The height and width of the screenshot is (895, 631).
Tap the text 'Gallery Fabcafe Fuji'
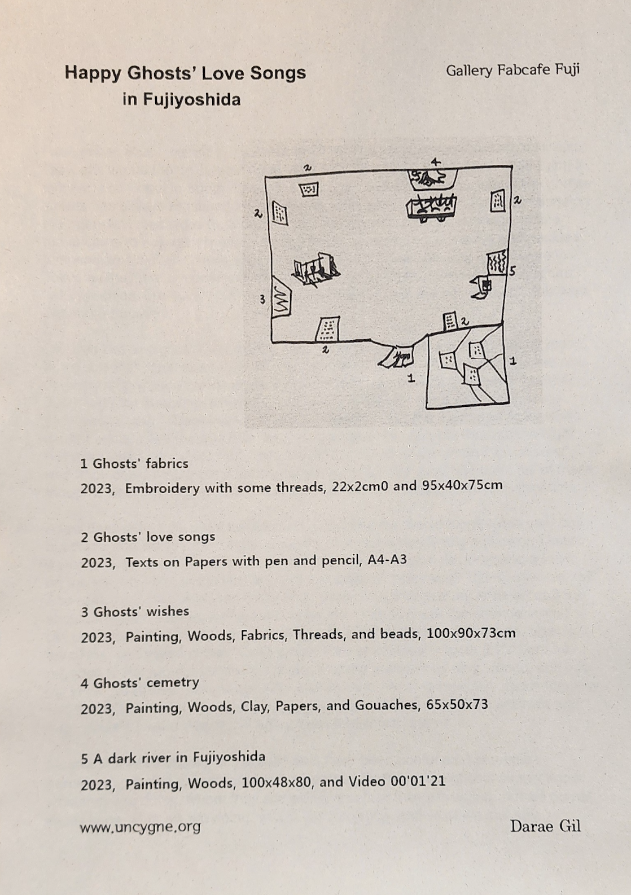(x=512, y=71)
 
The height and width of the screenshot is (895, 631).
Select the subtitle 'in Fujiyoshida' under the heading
(x=182, y=100)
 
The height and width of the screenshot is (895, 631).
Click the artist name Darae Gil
(x=545, y=826)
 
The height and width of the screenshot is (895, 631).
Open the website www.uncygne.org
(x=141, y=827)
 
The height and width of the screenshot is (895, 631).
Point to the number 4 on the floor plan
(x=435, y=162)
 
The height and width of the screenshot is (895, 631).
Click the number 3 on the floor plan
(x=262, y=299)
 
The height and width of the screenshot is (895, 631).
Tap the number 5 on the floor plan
(x=512, y=271)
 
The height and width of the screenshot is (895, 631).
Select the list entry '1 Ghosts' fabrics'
(x=134, y=464)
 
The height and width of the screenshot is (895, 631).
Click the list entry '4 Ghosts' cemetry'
(x=140, y=683)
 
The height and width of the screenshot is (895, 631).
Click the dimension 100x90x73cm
(x=471, y=633)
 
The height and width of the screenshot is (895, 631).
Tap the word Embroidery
(x=163, y=488)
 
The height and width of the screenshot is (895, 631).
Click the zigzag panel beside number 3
(x=281, y=297)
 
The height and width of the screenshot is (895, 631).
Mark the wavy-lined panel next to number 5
(x=497, y=262)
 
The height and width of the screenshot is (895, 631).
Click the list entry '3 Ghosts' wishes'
(x=135, y=612)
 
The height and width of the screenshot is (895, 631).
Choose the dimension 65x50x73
(x=457, y=704)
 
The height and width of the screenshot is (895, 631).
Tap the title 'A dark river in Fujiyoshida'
(x=179, y=758)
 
